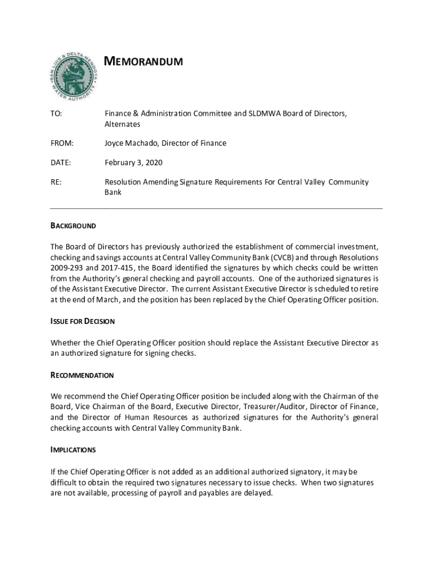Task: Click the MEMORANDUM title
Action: [x=144, y=61]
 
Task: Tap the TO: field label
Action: [x=56, y=114]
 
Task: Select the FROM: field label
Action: [x=61, y=144]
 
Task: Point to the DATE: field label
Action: [x=61, y=163]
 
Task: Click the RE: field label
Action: [x=56, y=182]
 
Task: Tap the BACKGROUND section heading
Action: [x=73, y=226]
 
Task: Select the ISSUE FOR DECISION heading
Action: [x=82, y=321]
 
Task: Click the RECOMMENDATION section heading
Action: [x=82, y=375]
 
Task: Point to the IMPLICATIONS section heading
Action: [x=73, y=450]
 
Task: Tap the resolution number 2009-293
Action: [x=67, y=268]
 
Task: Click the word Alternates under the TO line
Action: [x=123, y=124]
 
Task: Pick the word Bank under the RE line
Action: [x=113, y=193]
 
